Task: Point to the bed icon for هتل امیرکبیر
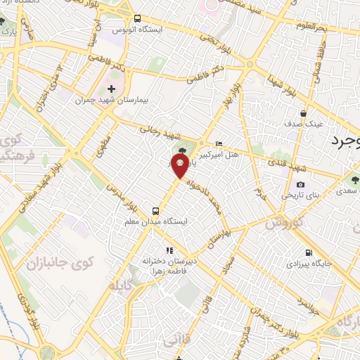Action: (x=218, y=143)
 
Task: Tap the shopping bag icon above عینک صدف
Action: (x=303, y=112)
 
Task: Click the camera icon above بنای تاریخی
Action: (x=300, y=185)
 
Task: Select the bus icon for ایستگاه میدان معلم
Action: (x=157, y=210)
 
